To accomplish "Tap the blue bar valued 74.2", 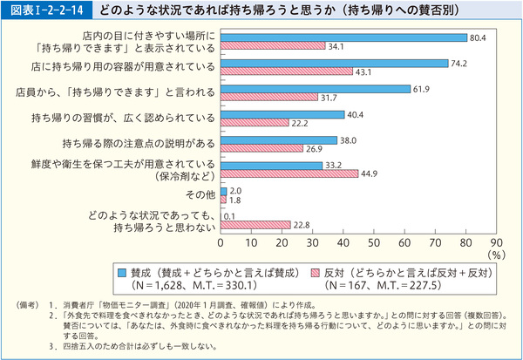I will coord(334,64).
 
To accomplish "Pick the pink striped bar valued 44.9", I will coord(289,173).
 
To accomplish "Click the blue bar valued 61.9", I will coord(316,89).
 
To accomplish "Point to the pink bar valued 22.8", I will coord(255,224).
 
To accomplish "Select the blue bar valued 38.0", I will coord(279,139).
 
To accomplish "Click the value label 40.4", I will coord(356,114).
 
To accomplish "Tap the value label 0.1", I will coord(231,215).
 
